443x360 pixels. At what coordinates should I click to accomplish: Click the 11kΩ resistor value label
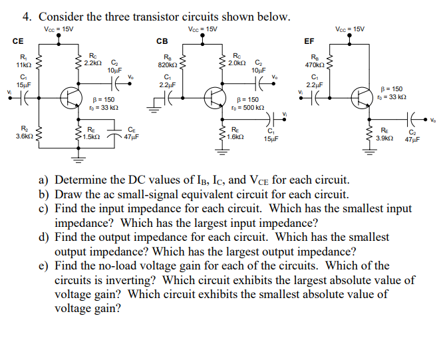(x=23, y=65)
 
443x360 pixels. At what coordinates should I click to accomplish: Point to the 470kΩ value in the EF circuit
(x=315, y=65)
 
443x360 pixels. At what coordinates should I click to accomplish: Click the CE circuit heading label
(x=18, y=41)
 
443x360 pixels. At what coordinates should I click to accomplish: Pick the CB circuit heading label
(x=162, y=41)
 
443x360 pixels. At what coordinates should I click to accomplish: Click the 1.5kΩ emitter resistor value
(x=92, y=136)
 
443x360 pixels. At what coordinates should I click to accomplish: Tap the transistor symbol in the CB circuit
(x=214, y=97)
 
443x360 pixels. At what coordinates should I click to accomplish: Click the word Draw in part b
(x=69, y=194)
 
